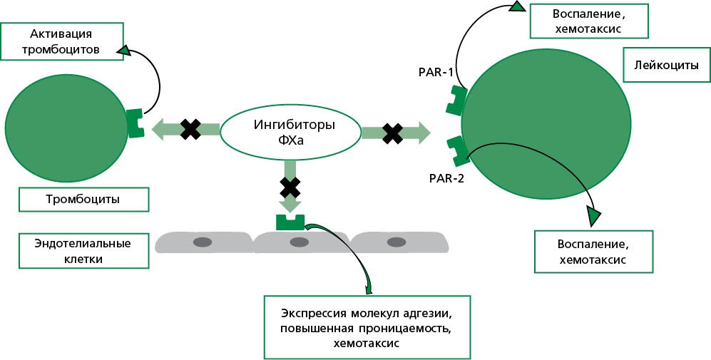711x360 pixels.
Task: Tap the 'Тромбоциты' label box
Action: click(x=84, y=200)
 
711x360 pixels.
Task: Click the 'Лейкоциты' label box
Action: click(x=660, y=66)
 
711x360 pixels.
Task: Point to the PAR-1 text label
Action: click(x=435, y=71)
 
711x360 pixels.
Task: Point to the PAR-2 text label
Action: click(x=447, y=178)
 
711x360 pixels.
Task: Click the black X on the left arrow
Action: click(x=190, y=129)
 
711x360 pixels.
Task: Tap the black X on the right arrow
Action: click(x=392, y=133)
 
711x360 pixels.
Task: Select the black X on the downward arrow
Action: click(x=290, y=187)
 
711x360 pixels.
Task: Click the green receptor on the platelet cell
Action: click(x=134, y=124)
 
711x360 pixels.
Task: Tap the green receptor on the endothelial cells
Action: click(x=290, y=222)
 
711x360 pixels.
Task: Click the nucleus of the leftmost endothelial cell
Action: click(x=203, y=242)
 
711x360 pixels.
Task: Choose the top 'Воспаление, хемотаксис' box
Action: click(x=589, y=21)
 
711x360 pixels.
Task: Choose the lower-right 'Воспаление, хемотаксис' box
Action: click(x=593, y=251)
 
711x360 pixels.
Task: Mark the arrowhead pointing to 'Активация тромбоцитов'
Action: click(x=124, y=50)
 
